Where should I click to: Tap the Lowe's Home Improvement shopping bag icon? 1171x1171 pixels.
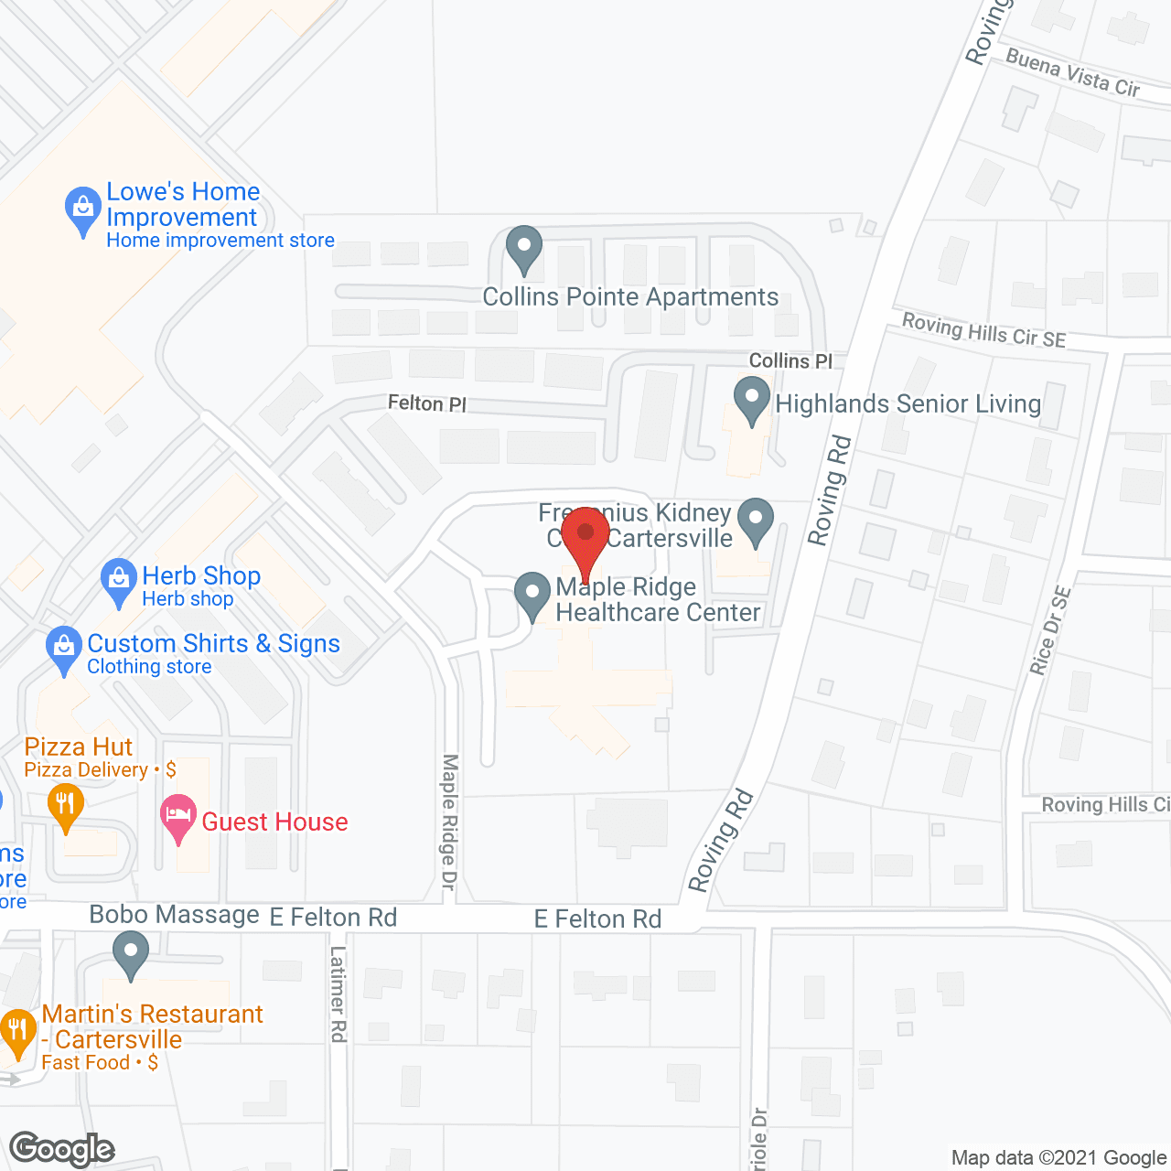83,209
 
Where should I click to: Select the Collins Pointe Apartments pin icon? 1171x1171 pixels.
524,248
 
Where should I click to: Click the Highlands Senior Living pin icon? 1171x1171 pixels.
752,400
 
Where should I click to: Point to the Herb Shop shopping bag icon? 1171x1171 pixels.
119,581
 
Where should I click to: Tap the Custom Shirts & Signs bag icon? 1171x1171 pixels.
64,648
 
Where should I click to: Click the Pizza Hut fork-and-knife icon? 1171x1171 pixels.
65,805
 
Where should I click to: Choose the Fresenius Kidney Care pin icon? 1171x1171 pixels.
756,520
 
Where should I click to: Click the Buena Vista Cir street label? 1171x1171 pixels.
1072,73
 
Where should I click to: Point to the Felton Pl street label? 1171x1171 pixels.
426,403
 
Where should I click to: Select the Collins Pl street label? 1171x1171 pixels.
790,361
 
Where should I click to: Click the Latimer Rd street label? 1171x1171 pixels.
338,994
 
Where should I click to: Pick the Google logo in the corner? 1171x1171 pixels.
62,1149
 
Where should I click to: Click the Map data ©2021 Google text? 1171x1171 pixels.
1058,1157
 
